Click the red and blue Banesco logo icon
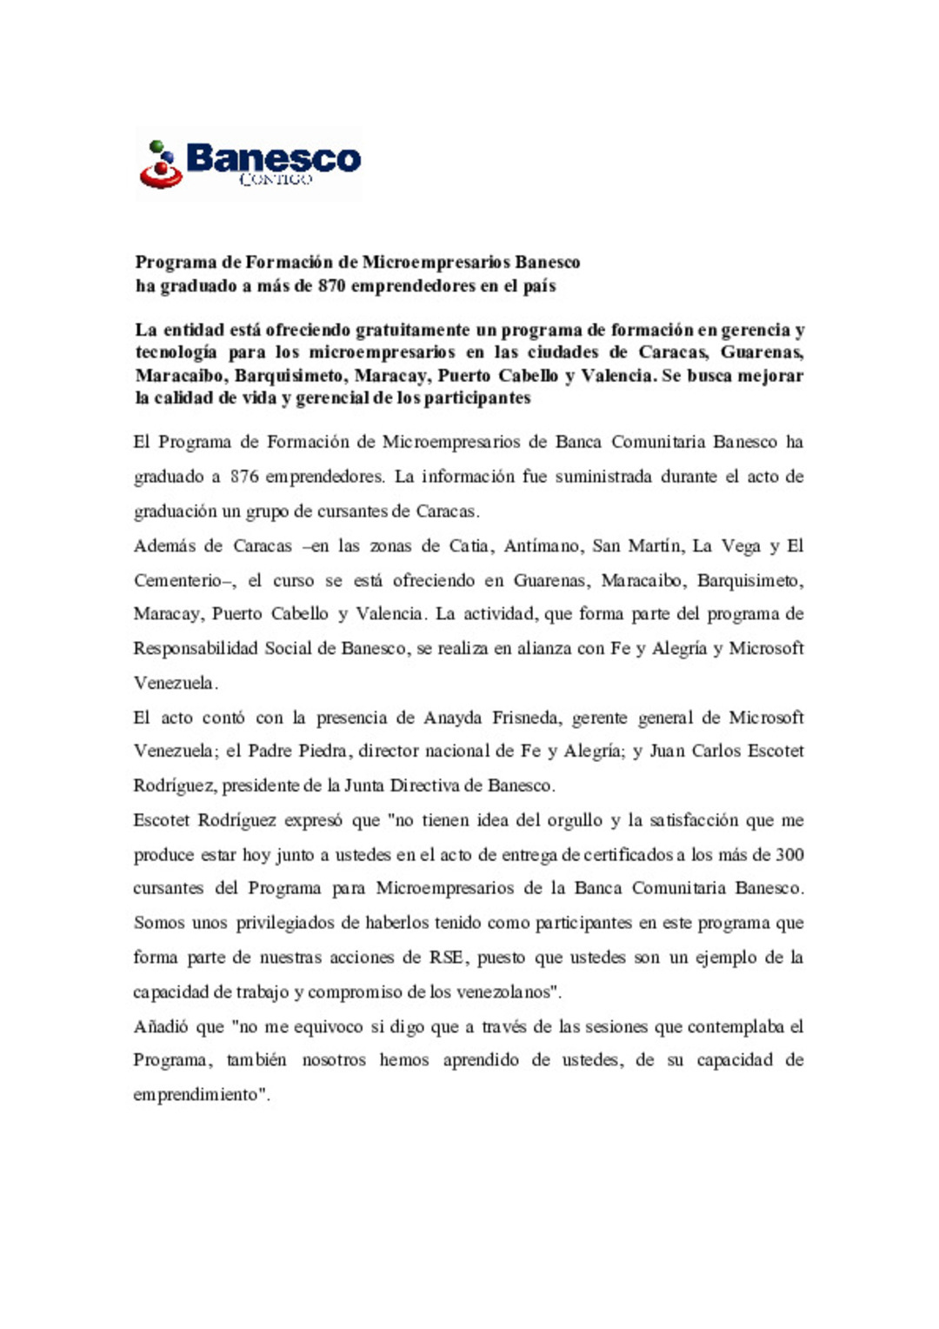(x=161, y=164)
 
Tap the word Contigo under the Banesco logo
(x=275, y=179)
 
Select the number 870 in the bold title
(x=331, y=286)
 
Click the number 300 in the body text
(x=789, y=855)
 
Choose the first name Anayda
(x=452, y=718)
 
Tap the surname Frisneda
(x=526, y=718)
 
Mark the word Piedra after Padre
(x=323, y=751)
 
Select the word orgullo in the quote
(x=574, y=821)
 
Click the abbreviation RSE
(x=446, y=958)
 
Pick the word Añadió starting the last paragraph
(x=161, y=1027)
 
